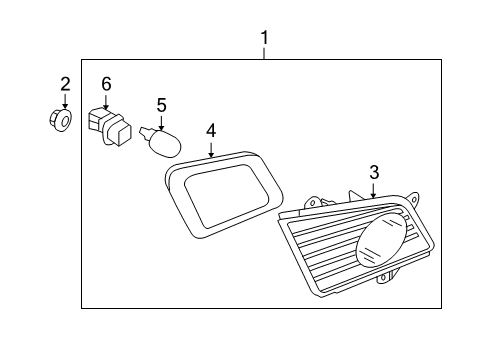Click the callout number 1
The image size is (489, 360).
265,38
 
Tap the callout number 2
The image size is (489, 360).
65,84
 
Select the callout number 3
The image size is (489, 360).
374,172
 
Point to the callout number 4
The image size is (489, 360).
211,130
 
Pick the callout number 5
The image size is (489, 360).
162,105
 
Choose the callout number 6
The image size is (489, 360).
106,84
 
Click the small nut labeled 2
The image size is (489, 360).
60,120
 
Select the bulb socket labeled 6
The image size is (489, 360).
110,127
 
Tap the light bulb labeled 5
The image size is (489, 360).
162,143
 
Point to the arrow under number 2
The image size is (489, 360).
65,101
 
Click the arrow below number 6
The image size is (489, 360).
106,103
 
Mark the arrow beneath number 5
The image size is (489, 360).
161,122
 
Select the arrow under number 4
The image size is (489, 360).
211,150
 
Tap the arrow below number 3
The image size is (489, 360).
374,190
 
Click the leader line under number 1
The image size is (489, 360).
265,54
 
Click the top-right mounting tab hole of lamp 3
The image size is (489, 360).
414,200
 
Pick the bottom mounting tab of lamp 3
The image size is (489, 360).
385,277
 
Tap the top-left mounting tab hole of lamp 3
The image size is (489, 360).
313,202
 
